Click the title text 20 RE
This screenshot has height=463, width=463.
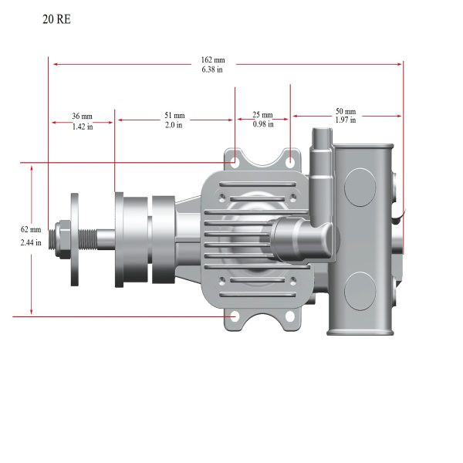click(56, 19)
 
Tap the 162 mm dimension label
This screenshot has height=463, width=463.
click(213, 60)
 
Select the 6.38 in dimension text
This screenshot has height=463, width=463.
click(212, 69)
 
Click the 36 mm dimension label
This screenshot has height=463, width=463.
click(82, 116)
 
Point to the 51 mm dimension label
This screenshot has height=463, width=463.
click(174, 115)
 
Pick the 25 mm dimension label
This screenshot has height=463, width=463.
click(262, 114)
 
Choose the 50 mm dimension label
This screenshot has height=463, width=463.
click(346, 111)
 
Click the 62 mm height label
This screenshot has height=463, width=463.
click(31, 229)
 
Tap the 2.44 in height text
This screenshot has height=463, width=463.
click(31, 242)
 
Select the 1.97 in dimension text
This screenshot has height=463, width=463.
click(346, 120)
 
